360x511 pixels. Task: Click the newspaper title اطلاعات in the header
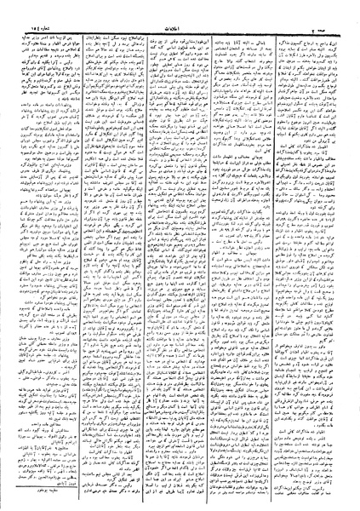pyautogui.click(x=180, y=10)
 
